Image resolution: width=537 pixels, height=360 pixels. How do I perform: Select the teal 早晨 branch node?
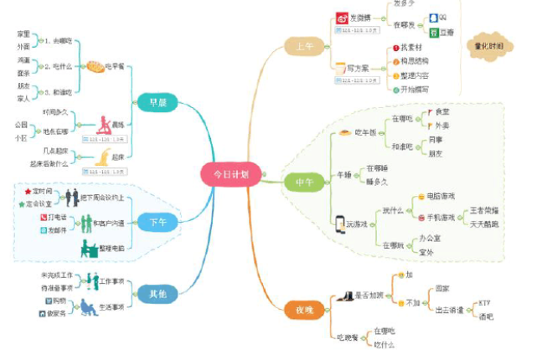tap(157, 103)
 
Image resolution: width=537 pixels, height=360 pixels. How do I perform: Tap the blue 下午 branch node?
tap(157, 222)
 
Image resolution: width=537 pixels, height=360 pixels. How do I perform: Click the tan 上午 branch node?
tap(302, 47)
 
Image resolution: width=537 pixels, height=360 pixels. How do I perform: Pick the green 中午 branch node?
tap(302, 181)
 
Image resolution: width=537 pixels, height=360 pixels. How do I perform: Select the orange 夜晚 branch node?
tap(302, 309)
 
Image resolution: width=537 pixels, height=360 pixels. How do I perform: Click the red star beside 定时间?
tap(28, 192)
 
